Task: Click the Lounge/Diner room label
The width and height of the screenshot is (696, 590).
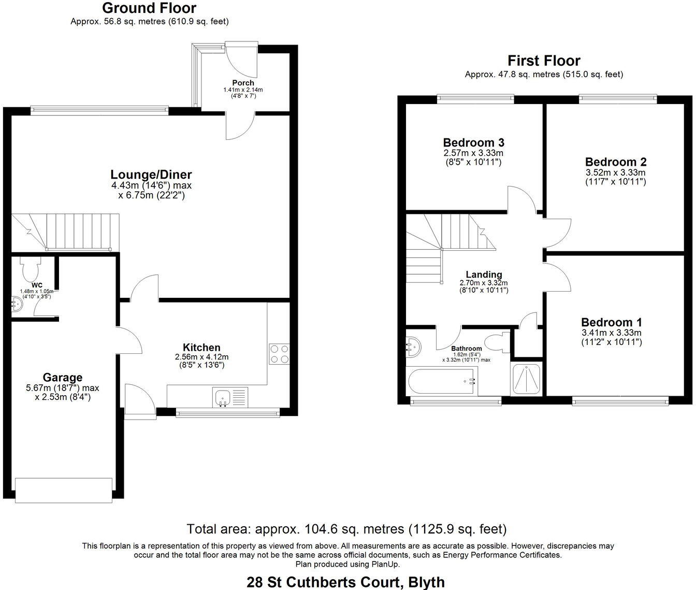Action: click(x=151, y=175)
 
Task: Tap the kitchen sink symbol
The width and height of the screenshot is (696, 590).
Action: click(x=223, y=398)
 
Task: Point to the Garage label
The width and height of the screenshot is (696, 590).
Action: click(x=63, y=378)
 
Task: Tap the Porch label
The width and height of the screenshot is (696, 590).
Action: click(x=243, y=83)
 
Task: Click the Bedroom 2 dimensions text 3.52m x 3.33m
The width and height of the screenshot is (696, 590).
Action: click(x=616, y=172)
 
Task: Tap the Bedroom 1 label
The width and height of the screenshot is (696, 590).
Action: click(x=611, y=322)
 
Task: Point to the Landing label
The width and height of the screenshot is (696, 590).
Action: click(x=484, y=275)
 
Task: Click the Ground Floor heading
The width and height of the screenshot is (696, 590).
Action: click(x=149, y=8)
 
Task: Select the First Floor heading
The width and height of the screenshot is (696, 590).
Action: click(x=544, y=61)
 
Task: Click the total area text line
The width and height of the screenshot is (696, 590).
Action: click(x=346, y=529)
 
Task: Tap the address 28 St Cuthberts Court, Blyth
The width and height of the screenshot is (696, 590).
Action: click(x=346, y=582)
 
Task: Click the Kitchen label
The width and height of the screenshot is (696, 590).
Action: click(x=201, y=348)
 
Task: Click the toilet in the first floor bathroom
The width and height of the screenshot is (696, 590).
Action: click(x=498, y=342)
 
